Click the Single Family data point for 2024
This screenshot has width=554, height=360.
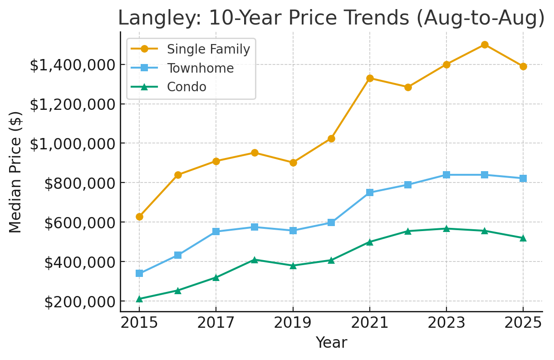tap(485, 44)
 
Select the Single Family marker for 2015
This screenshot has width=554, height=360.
tap(139, 217)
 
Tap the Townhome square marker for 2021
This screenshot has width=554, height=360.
tap(370, 192)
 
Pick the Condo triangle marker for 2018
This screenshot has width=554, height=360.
tap(255, 260)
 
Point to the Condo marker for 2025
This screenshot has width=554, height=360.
tap(523, 238)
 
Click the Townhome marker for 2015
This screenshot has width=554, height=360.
tap(139, 273)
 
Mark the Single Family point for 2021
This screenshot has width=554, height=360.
tap(370, 78)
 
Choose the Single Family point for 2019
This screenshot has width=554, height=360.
tap(293, 163)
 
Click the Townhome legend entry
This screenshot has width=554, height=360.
tap(200, 68)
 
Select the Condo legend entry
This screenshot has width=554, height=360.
tap(186, 87)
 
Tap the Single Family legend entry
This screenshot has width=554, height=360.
tap(208, 49)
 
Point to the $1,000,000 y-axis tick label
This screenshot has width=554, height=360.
tap(70, 144)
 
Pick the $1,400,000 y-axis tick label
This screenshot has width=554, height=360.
tap(70, 65)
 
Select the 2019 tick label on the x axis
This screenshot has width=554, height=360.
tap(293, 323)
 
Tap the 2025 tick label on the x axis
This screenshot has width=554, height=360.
tap(523, 323)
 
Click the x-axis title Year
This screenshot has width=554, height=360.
tap(331, 343)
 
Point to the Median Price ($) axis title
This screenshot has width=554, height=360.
tap(16, 172)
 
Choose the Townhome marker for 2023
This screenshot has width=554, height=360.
tap(446, 175)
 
